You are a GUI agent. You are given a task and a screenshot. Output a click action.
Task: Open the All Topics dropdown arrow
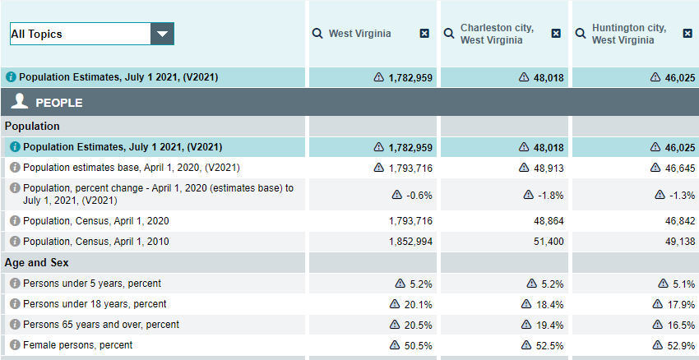tap(162, 34)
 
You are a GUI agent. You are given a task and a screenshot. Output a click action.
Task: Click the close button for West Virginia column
tap(424, 34)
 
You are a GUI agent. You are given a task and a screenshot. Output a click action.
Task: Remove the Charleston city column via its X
tap(556, 34)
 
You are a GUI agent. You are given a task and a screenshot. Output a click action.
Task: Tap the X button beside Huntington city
tap(687, 34)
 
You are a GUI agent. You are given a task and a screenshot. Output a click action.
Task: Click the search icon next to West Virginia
tap(317, 34)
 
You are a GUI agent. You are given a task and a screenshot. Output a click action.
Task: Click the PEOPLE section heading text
tap(58, 103)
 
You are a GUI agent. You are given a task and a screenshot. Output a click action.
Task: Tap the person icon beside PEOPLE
tap(21, 102)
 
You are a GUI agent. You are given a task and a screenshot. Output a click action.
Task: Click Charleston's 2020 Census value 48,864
tap(548, 221)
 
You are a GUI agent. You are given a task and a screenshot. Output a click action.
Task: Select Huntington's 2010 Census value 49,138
tap(678, 242)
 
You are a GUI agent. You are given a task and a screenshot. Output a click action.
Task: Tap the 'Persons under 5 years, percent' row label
tap(92, 283)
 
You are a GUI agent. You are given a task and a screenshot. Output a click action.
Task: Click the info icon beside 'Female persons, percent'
tap(15, 345)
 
